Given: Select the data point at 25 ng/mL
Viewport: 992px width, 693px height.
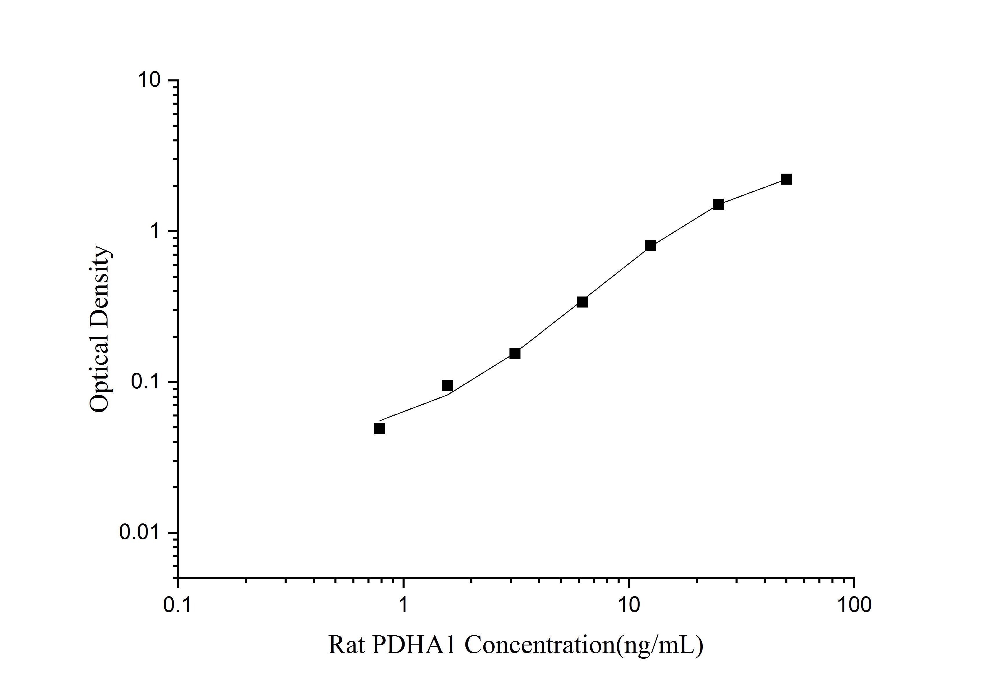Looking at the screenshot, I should [x=718, y=204].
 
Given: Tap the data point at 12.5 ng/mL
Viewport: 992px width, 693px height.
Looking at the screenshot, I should [x=650, y=245].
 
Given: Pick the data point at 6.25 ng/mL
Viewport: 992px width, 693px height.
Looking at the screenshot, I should [x=583, y=301].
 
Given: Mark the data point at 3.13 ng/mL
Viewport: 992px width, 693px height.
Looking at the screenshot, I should [x=515, y=353].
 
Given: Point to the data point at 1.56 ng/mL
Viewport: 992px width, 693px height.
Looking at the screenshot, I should [x=447, y=385].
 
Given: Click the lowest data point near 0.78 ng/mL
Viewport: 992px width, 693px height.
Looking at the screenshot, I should [x=379, y=428].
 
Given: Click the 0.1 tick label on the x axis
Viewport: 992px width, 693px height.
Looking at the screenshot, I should [x=178, y=605].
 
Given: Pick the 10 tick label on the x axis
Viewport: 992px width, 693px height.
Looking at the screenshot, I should [x=629, y=605].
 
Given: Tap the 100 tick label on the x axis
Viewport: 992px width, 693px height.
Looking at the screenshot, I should [x=854, y=605].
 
